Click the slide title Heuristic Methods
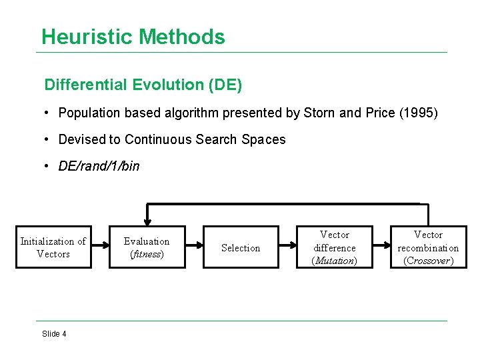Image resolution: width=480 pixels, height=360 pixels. pyautogui.click(x=133, y=37)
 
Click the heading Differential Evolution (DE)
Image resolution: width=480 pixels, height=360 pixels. pyautogui.click(x=143, y=85)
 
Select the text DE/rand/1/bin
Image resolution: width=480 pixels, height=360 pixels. pyautogui.click(x=99, y=166)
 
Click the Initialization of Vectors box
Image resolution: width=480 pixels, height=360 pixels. pyautogui.click(x=53, y=247)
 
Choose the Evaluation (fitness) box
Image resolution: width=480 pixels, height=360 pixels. pyautogui.click(x=147, y=247)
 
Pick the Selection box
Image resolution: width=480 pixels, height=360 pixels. pyautogui.click(x=241, y=247)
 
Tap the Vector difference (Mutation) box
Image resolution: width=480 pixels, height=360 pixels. pyautogui.click(x=335, y=247)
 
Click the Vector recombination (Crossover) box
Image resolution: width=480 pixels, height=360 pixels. pyautogui.click(x=428, y=247)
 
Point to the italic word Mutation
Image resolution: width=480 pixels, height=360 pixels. pyautogui.click(x=335, y=261)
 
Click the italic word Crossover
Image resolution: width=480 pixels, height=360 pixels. pyautogui.click(x=428, y=261)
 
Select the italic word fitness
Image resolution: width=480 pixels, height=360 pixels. pyautogui.click(x=147, y=254)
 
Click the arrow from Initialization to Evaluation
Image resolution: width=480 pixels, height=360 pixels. pyautogui.click(x=100, y=247)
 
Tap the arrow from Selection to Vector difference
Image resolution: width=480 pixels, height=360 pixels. pyautogui.click(x=287, y=247)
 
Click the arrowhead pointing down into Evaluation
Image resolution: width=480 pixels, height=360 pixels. pyautogui.click(x=147, y=222)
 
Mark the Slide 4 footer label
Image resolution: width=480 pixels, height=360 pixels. pyautogui.click(x=54, y=334)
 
